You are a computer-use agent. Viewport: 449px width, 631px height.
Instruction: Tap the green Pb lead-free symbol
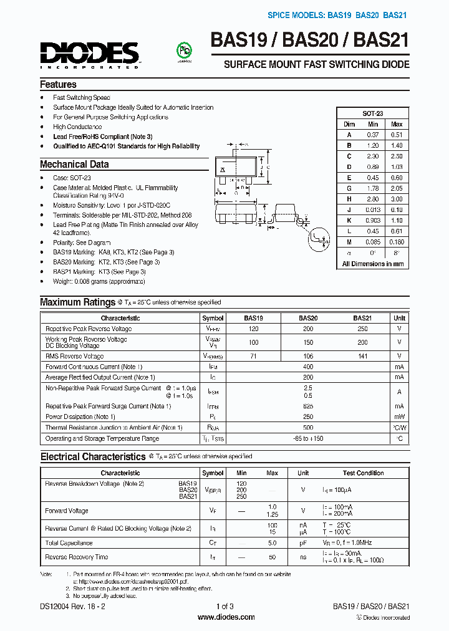coord(184,52)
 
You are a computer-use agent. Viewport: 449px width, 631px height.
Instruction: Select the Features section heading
coord(58,84)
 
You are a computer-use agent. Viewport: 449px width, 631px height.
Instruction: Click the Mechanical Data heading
coord(74,165)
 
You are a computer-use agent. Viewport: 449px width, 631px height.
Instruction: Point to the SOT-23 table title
coord(373,113)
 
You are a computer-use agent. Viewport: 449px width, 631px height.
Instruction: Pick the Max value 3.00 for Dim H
coord(396,199)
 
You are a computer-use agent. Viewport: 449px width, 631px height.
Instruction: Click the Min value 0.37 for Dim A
coord(373,134)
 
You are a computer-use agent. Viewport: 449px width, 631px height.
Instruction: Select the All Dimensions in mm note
coord(373,264)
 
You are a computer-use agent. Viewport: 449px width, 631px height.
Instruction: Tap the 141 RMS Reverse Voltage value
coord(362,356)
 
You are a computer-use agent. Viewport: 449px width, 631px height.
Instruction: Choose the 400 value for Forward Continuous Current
coord(307,367)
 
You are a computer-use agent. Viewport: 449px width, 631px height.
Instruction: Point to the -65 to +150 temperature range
coord(307,438)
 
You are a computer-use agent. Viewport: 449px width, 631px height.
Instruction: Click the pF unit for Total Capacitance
coord(303,543)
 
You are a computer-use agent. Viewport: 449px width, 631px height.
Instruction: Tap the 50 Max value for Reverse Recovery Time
coord(273,557)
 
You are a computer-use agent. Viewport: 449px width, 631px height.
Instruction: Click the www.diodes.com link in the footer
coord(225,617)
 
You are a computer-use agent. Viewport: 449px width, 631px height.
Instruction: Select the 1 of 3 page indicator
coord(224,606)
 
